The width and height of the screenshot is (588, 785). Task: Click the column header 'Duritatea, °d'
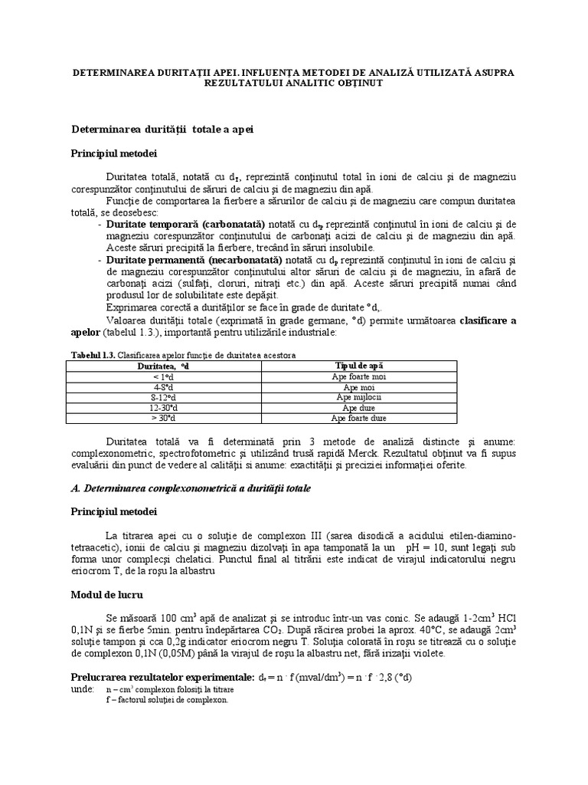pyautogui.click(x=163, y=366)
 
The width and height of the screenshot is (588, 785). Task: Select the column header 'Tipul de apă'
pyautogui.click(x=359, y=366)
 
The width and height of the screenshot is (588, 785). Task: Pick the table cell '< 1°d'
pyautogui.click(x=163, y=377)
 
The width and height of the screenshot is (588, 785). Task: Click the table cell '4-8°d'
pyautogui.click(x=163, y=387)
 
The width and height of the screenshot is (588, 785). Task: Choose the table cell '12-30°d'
pyautogui.click(x=163, y=408)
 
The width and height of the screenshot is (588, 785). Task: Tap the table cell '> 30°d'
pyautogui.click(x=163, y=419)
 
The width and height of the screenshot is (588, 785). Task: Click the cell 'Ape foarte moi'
pyautogui.click(x=359, y=377)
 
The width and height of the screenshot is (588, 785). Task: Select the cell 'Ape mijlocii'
pyautogui.click(x=359, y=398)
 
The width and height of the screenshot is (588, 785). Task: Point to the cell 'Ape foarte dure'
pyautogui.click(x=359, y=419)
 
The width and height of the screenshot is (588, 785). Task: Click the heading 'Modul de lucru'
pyautogui.click(x=106, y=594)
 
